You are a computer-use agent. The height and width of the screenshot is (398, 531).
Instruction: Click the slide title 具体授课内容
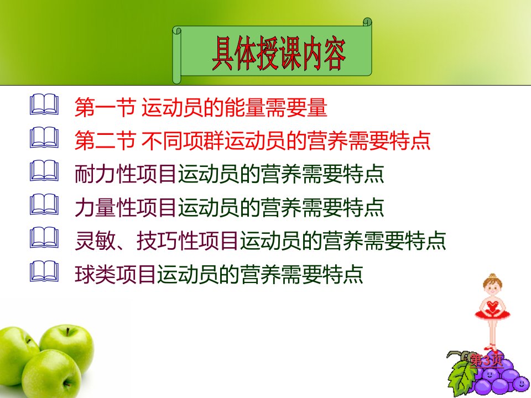[278, 54]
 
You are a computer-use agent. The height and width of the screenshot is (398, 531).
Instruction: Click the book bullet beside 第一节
[44, 104]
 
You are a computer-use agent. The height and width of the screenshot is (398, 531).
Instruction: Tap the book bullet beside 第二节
[44, 138]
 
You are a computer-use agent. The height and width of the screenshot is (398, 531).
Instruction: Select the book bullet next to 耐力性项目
[44, 171]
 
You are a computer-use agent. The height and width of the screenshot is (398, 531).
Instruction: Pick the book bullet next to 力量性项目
[44, 204]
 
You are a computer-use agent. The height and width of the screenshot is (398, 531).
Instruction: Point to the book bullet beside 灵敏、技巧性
[44, 237]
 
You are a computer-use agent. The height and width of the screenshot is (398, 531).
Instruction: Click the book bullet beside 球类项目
[44, 271]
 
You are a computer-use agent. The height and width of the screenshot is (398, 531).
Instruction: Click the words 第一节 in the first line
[105, 107]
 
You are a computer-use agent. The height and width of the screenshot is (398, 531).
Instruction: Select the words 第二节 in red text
[105, 140]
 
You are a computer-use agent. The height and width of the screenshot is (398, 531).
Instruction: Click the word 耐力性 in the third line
[105, 174]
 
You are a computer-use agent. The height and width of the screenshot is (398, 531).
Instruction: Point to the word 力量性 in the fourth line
[105, 207]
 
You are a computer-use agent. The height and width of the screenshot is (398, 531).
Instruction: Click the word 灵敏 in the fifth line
[95, 240]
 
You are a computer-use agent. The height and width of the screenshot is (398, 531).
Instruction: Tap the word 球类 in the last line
[95, 274]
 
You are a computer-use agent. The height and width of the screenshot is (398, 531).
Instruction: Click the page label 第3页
[486, 360]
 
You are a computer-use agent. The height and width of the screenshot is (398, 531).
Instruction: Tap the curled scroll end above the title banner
[367, 22]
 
